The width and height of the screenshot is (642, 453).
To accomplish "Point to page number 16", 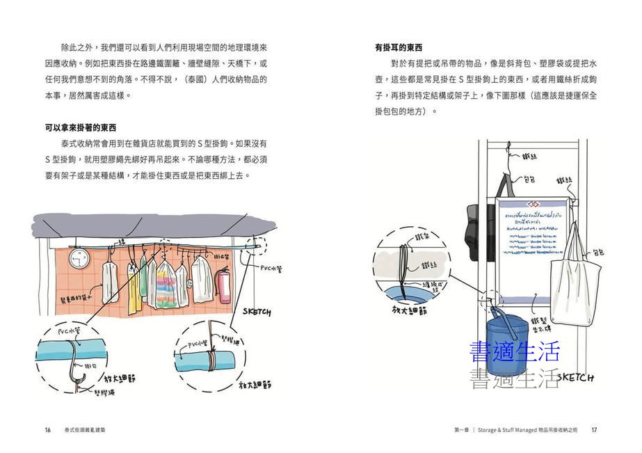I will pos(48,430).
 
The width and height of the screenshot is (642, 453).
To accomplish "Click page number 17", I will pos(594,430).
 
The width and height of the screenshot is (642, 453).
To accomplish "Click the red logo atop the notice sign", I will pos(533,203).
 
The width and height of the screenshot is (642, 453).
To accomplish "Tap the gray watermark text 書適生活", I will pos(515,379).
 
